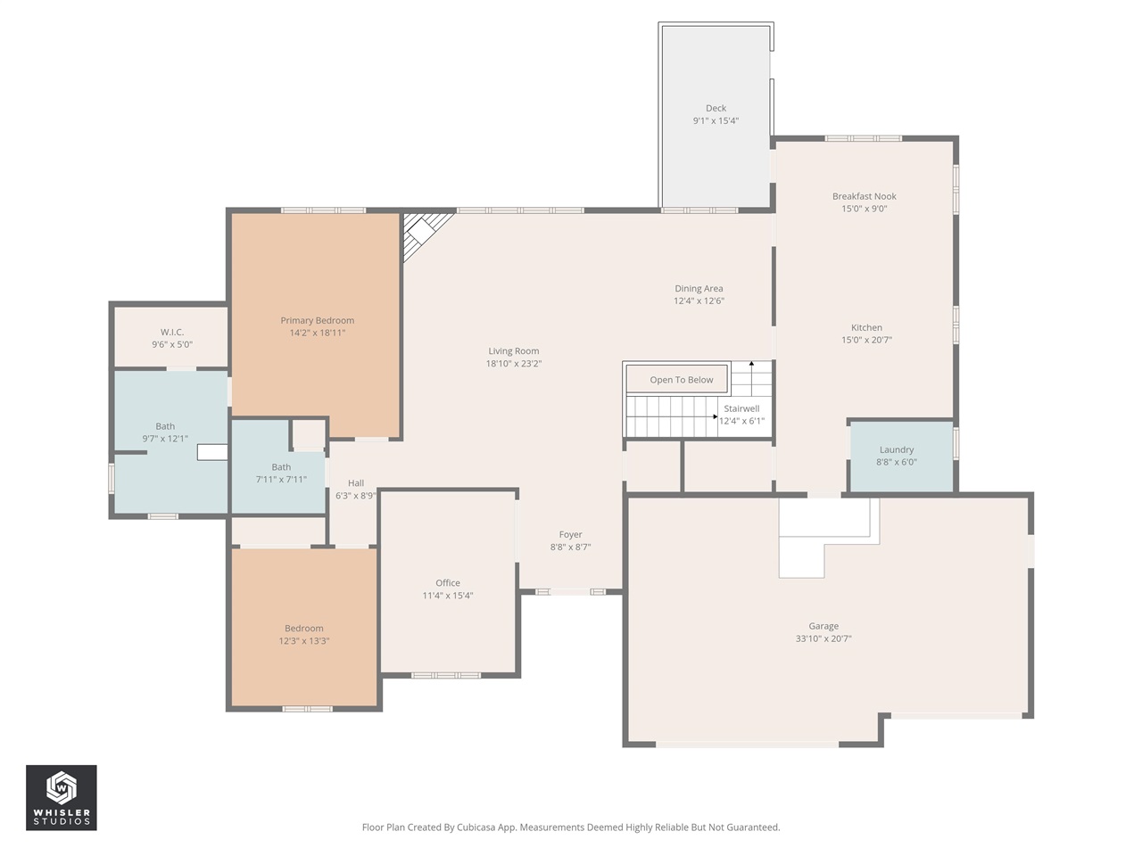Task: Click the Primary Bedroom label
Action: (x=317, y=321)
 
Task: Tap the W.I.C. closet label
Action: (x=172, y=333)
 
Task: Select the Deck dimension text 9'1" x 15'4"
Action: (x=716, y=121)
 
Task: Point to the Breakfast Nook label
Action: (x=864, y=196)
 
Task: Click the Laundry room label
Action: (x=896, y=450)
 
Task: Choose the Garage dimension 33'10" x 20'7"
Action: (x=823, y=639)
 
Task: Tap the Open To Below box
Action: (x=681, y=380)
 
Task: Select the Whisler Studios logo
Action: (x=61, y=797)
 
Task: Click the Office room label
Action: (x=447, y=583)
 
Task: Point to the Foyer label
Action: (x=570, y=535)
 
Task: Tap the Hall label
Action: (x=355, y=483)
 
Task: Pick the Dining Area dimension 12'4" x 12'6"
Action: (x=699, y=301)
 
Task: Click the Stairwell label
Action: (x=741, y=408)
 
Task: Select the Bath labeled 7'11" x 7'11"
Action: (x=281, y=473)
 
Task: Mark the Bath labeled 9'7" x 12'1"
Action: (x=165, y=432)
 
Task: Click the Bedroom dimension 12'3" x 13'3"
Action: (x=303, y=641)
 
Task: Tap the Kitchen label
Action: (x=865, y=328)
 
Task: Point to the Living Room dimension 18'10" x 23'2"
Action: (x=513, y=364)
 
